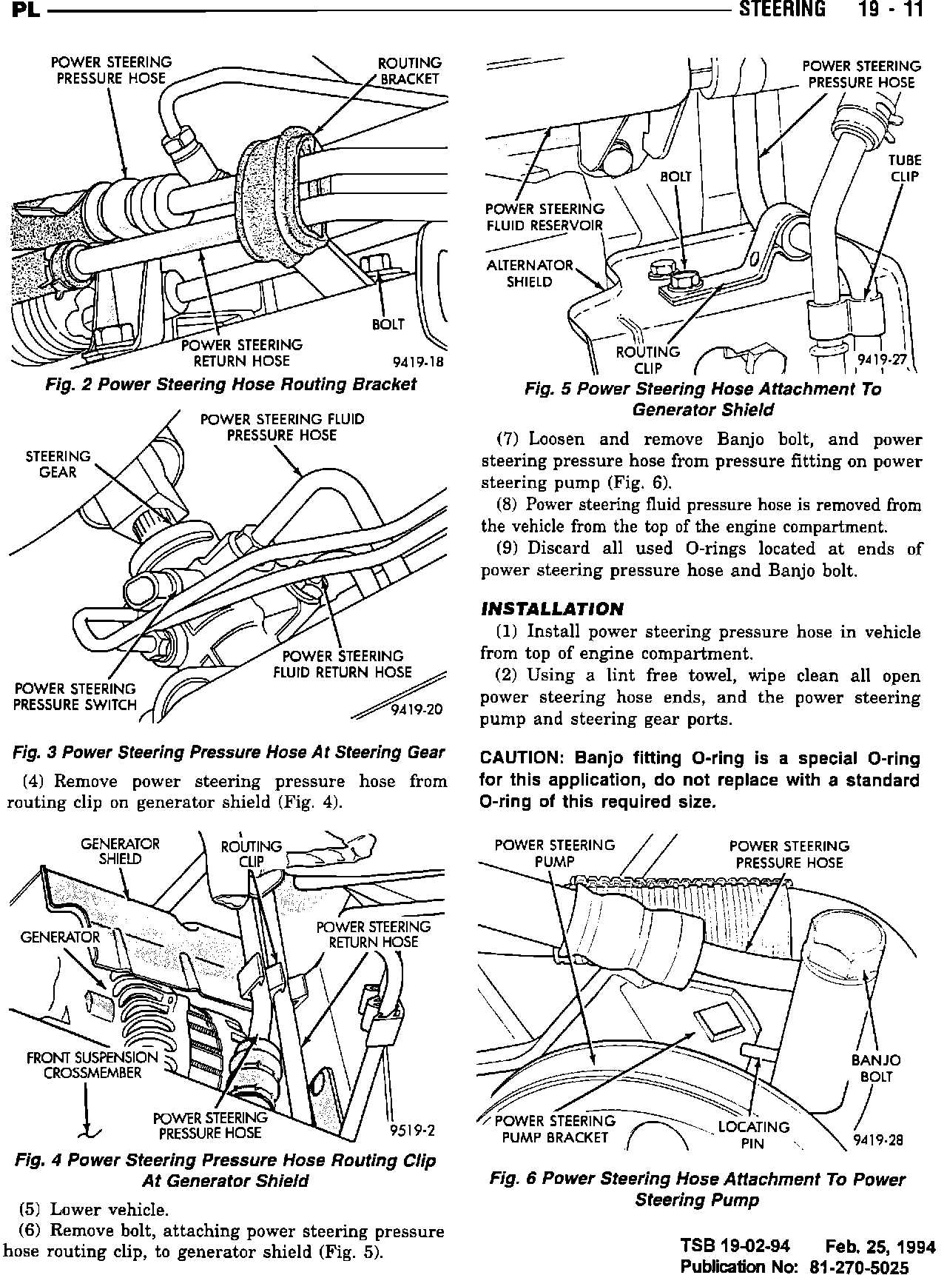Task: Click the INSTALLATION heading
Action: coord(552,609)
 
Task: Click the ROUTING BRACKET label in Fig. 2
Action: coord(409,71)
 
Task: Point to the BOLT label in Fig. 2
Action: coord(388,324)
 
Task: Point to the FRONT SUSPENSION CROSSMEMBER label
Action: coord(92,1065)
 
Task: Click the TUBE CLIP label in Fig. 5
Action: coord(904,168)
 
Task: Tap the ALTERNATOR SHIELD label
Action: coord(530,273)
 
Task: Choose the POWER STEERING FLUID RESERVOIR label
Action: coord(545,218)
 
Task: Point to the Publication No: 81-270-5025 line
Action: coord(794,1266)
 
